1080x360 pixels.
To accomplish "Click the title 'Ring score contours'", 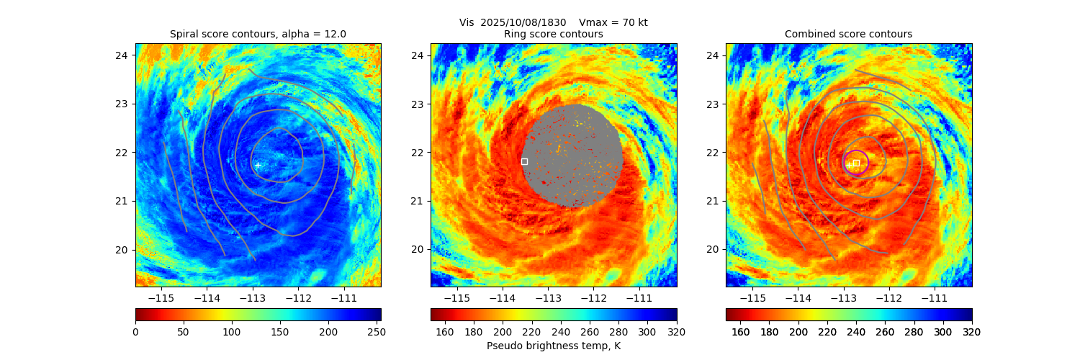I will (553, 34).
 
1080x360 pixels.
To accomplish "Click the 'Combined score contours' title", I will (848, 34).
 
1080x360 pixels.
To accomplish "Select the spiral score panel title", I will (258, 34).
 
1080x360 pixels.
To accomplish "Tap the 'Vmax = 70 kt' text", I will (613, 22).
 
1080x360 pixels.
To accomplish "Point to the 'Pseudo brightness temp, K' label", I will (553, 346).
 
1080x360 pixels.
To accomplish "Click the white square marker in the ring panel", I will (524, 161).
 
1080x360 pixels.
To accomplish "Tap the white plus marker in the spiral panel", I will (257, 165).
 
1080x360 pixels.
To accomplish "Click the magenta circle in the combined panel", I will (855, 162).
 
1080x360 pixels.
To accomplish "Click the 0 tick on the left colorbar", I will (136, 331).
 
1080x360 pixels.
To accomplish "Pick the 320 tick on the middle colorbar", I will (676, 331).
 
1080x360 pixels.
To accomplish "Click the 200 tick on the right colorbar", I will (798, 331).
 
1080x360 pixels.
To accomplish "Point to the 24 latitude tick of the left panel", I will (122, 55).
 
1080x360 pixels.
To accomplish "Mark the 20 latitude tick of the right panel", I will (713, 249).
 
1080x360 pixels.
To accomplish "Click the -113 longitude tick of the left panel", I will (252, 297).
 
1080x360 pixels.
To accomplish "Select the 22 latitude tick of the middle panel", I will (418, 152).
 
